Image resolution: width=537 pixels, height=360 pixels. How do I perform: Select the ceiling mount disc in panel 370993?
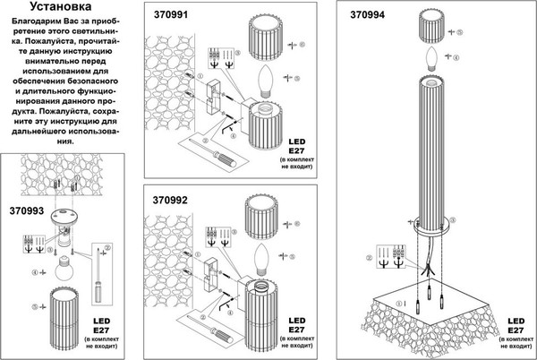pos(65,217)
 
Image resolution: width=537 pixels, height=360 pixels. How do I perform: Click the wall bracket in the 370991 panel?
pos(215,97)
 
